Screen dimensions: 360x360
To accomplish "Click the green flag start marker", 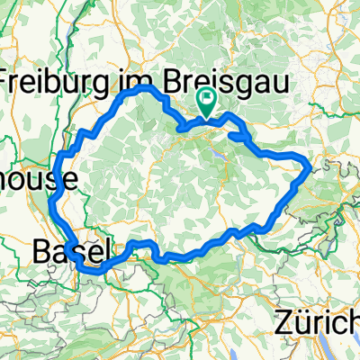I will [206, 103].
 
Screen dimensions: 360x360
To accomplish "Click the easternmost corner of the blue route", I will [310, 167].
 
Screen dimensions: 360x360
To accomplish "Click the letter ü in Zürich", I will [299, 320].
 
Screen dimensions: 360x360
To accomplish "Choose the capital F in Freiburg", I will [12, 82].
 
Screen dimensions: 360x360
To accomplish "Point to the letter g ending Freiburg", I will [112, 84].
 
